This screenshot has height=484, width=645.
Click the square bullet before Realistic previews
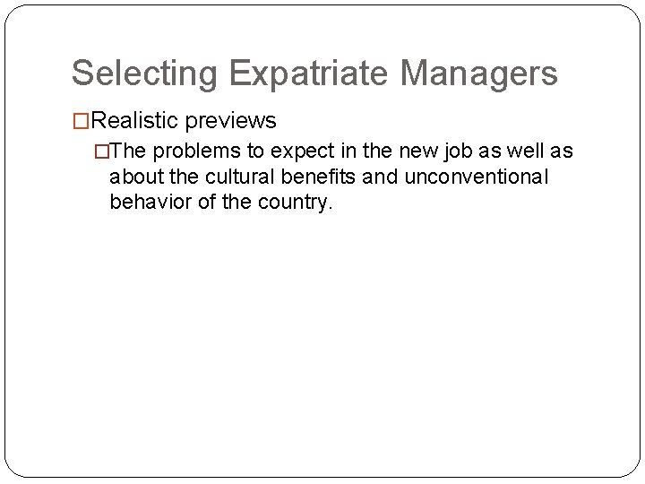81,121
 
